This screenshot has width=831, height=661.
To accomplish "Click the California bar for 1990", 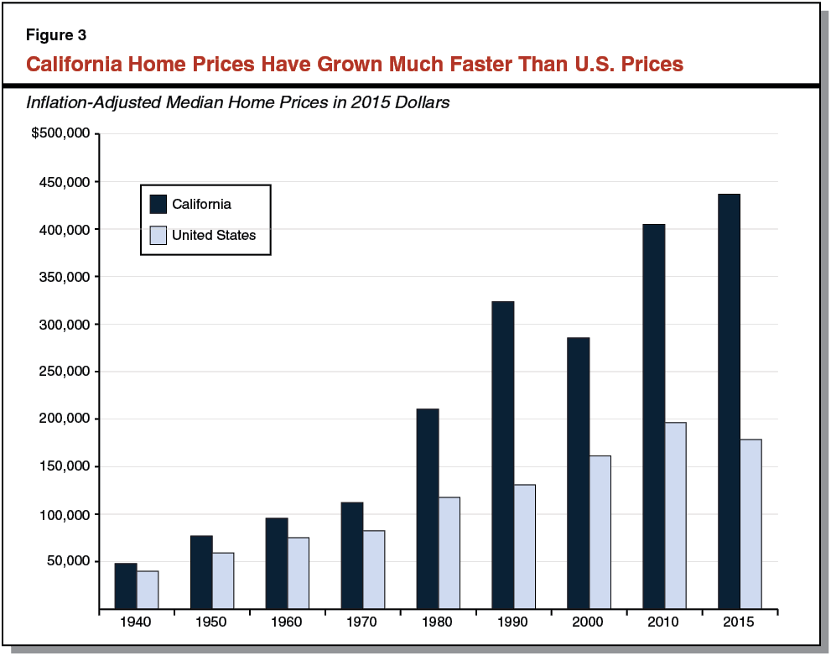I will pos(502,455).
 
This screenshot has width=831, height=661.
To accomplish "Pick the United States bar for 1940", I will pos(148,590).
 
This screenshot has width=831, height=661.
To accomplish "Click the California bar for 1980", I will pos(427,508).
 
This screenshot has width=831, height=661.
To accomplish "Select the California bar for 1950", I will pos(201,572).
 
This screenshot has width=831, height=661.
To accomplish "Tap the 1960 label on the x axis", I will pos(287,622).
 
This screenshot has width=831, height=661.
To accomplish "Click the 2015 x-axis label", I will pos(739,622).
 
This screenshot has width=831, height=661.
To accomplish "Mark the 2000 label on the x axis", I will pos(589,622).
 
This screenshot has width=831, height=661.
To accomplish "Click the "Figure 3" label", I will pos(55,35).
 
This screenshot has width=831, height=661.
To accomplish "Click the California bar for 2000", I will pos(578,473).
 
